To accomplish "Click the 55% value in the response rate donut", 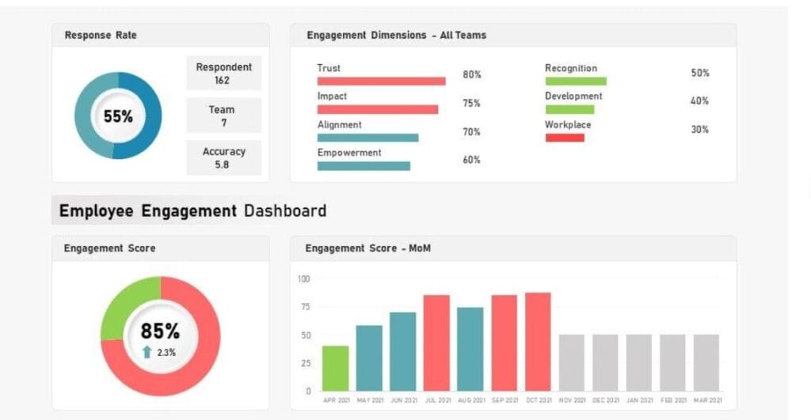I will coord(118,116).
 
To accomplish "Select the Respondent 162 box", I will coord(223,74).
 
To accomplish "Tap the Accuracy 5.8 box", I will coord(223,157).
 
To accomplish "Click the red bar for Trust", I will coord(381,81).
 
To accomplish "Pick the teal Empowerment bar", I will coord(364,166).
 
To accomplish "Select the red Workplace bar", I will coord(565,138).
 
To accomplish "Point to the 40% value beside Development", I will coord(699,101).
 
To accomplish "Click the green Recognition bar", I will coord(576,81).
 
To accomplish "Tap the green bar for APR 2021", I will coord(336,368).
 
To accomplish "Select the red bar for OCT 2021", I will coord(538,341).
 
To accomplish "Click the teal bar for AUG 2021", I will coord(470,349).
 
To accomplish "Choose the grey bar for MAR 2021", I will coord(706,362).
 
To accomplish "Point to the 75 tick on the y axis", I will coord(304,307).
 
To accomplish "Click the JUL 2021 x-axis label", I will coord(436,400).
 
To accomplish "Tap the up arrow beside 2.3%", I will coord(147,352).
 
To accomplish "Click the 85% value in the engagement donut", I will coord(160,331).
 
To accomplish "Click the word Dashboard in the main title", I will coord(285,211).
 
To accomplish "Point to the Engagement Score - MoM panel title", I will coord(368,248).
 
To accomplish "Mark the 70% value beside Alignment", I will coord(471,132).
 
